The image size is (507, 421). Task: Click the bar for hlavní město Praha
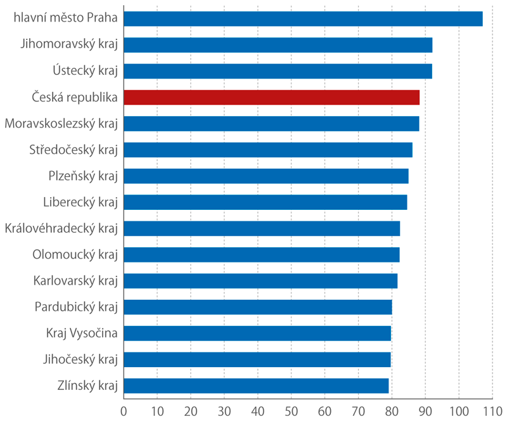(x=303, y=18)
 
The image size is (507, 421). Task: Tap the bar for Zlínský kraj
(x=256, y=385)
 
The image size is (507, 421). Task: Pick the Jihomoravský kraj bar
(x=278, y=45)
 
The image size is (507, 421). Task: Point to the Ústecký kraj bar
(x=278, y=71)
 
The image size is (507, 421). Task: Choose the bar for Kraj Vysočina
(x=257, y=333)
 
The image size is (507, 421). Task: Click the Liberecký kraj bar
(x=265, y=202)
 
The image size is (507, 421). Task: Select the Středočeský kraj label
(x=74, y=150)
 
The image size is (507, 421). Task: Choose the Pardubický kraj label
(x=77, y=307)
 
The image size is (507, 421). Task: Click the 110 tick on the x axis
(x=492, y=410)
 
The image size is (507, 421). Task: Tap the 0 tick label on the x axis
(x=124, y=410)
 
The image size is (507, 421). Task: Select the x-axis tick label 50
(x=291, y=410)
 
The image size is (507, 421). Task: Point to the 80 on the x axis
(x=392, y=410)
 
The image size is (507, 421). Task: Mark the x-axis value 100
(x=458, y=410)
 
